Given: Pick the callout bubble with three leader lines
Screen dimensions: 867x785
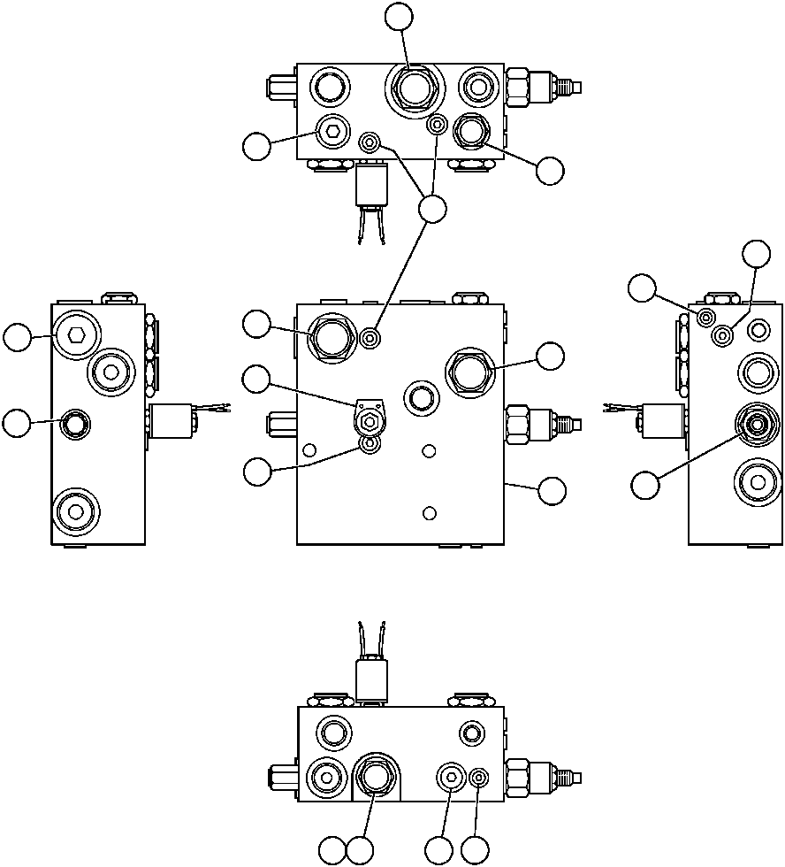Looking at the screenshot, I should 432,209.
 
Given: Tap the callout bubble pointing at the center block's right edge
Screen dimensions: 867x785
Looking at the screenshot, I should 553,492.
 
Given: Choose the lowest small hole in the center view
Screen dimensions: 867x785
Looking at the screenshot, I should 430,513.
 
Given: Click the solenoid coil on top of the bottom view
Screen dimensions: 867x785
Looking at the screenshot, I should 372,680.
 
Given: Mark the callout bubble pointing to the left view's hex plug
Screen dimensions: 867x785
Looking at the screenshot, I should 17,337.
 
